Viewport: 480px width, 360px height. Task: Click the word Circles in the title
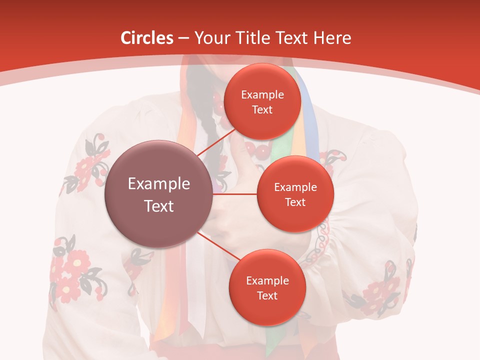[x=146, y=38]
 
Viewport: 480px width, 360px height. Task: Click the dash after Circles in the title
[x=183, y=38]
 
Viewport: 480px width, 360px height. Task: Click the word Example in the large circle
[x=159, y=184]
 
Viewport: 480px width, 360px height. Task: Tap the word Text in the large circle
[x=159, y=206]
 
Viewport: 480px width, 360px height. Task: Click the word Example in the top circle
[x=262, y=95]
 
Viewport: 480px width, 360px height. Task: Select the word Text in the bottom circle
[x=267, y=295]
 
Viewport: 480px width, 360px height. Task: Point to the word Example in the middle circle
[x=295, y=187]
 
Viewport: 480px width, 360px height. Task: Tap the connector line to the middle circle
[x=235, y=194]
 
